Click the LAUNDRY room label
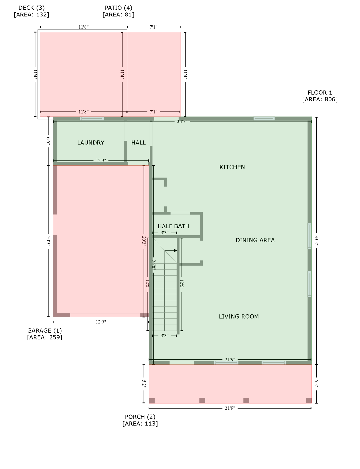(90, 143)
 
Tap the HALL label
(138, 143)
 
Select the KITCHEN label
(232, 167)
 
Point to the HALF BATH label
(173, 226)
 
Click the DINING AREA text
(255, 240)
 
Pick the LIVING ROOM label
(239, 317)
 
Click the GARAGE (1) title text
(44, 330)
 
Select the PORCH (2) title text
(140, 417)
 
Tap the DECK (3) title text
(31, 8)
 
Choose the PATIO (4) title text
(118, 8)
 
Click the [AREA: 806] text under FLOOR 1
(320, 99)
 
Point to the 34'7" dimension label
(182, 122)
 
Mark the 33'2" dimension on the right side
(317, 241)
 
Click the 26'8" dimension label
(154, 265)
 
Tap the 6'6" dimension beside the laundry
(48, 141)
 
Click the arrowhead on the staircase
(175, 251)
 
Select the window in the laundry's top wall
(92, 119)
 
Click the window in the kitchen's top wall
(264, 119)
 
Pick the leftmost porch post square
(152, 401)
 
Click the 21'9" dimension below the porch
(230, 408)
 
